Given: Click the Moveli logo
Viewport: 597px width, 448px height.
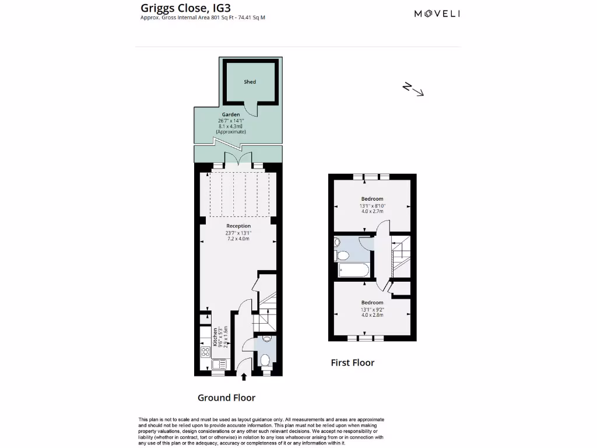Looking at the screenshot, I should pyautogui.click(x=437, y=13).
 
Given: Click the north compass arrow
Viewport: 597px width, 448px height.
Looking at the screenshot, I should pyautogui.click(x=413, y=89).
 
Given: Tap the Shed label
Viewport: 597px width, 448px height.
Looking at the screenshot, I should pyautogui.click(x=250, y=82).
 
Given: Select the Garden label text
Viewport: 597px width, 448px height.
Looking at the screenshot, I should pyautogui.click(x=230, y=114).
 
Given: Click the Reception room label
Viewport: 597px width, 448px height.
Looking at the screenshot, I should pyautogui.click(x=238, y=226).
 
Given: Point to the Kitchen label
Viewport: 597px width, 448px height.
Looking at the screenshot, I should pyautogui.click(x=215, y=337).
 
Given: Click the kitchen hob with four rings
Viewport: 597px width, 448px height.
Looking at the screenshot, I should pyautogui.click(x=205, y=352).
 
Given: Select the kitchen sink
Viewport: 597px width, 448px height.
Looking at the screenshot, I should pyautogui.click(x=219, y=364).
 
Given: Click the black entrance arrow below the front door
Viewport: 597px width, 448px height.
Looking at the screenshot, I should pyautogui.click(x=244, y=377).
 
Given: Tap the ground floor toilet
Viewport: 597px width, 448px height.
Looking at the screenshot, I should pyautogui.click(x=264, y=360).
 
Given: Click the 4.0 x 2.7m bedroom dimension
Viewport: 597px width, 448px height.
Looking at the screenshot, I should pyautogui.click(x=372, y=211).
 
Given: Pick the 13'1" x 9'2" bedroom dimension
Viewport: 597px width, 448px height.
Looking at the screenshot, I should pyautogui.click(x=372, y=309).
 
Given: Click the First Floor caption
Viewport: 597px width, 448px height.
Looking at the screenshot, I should pyautogui.click(x=352, y=363).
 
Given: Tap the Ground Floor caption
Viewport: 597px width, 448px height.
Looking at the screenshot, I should pyautogui.click(x=226, y=398).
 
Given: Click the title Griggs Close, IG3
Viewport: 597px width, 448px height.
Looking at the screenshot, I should pyautogui.click(x=173, y=8).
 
